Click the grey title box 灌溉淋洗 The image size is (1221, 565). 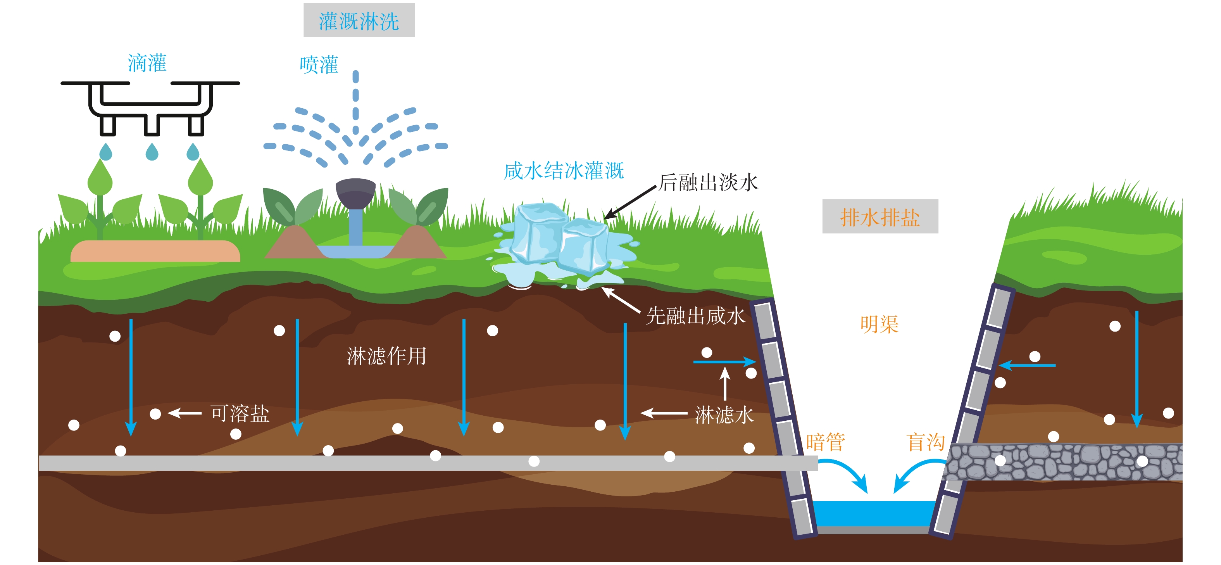[359, 21]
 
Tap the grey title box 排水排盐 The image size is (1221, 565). [880, 217]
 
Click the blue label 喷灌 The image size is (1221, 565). [319, 64]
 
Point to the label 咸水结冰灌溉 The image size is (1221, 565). [563, 171]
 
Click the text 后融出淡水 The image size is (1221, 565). [708, 182]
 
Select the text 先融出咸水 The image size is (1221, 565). [695, 316]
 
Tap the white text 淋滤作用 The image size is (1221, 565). [386, 356]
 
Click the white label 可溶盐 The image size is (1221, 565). [240, 413]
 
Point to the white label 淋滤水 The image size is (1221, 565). [724, 415]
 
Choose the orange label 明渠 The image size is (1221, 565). [879, 325]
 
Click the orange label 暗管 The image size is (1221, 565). [825, 442]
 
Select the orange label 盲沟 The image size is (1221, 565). [925, 442]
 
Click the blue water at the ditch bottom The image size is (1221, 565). [874, 513]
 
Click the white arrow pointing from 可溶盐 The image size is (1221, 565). [185, 413]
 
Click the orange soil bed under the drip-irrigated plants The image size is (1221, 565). [155, 251]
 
